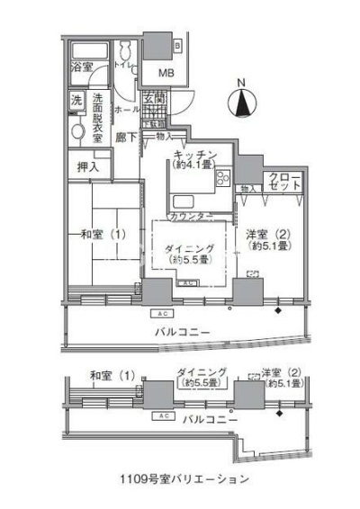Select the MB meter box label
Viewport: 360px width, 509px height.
tap(167, 73)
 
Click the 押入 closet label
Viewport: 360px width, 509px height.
tap(87, 166)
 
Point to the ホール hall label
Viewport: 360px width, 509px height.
tap(126, 109)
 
